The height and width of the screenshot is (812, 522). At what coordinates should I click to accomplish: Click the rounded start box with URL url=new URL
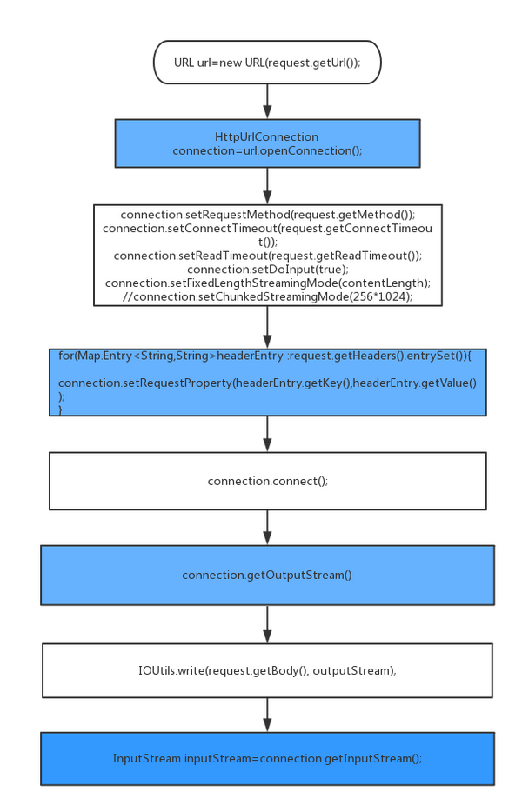pos(267,62)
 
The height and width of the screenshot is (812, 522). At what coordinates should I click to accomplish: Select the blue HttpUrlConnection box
pos(267,143)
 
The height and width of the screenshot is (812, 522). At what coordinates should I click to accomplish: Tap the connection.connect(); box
pos(267,481)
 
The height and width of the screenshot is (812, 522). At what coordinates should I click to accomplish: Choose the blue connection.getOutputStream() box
pos(267,575)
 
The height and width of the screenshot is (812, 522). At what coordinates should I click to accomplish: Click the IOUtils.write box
pos(267,670)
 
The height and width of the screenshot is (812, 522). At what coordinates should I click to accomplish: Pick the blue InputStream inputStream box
pos(267,759)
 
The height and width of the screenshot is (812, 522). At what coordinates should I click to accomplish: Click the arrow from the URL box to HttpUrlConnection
pos(267,102)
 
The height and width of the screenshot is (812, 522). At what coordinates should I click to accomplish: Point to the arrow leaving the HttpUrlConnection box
pos(267,186)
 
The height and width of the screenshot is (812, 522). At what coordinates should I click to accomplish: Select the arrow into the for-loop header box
pos(267,327)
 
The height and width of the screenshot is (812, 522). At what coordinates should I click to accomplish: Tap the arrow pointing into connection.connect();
pos(267,434)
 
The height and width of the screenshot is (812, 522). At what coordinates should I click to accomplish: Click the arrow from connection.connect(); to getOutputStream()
pos(267,527)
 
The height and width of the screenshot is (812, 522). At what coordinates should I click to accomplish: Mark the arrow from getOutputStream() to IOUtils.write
pos(267,624)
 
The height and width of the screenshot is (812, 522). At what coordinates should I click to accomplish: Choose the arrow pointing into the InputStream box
pos(267,715)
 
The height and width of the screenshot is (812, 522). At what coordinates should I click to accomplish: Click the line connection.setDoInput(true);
pos(268,270)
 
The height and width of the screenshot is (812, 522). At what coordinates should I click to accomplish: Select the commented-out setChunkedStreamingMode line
pos(268,296)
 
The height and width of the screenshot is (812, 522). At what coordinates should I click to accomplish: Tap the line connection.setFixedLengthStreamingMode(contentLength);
pos(268,283)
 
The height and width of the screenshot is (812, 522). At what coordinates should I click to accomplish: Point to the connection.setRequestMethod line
pos(268,215)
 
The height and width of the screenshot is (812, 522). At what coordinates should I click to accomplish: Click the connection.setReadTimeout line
pos(268,256)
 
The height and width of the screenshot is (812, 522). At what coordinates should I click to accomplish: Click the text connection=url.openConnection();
pos(267,150)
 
